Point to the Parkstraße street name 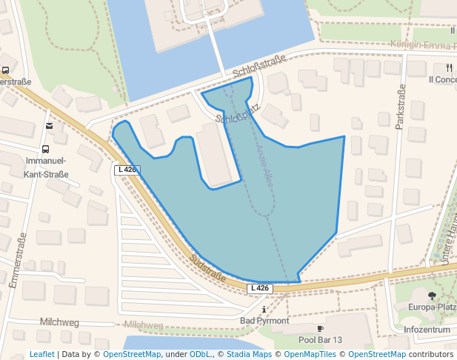401,107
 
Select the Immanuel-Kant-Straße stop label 46,167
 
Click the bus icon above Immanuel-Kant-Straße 46,148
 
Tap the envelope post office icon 49,126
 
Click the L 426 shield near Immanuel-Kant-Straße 127,170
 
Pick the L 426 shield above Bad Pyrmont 260,288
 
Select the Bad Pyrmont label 264,321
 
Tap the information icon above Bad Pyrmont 264,309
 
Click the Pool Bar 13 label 320,340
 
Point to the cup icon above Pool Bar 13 320,328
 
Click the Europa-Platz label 433,307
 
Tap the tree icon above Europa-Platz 433,295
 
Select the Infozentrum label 427,329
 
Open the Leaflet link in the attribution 41,354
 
